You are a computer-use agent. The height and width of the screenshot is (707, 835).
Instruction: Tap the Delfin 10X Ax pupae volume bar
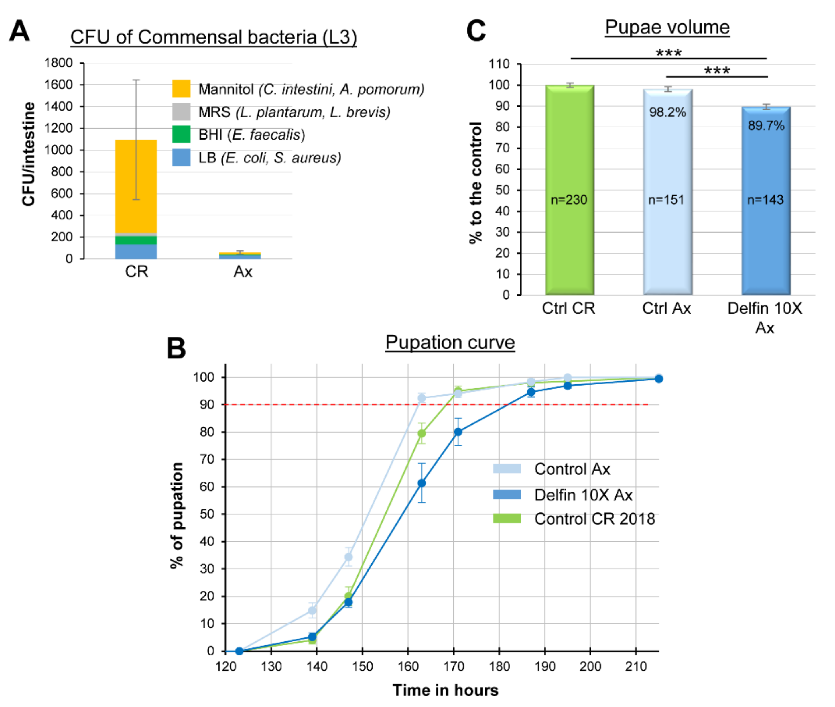tap(766, 201)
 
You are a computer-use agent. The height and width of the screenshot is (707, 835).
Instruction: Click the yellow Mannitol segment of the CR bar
tap(136, 186)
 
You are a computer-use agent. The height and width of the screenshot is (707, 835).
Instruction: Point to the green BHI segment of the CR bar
tap(136, 240)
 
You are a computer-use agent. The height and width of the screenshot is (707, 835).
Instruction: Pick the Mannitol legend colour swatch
tap(181, 89)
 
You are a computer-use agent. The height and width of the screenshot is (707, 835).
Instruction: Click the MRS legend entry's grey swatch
tap(181, 111)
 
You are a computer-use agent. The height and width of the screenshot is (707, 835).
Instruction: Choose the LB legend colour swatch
tap(181, 158)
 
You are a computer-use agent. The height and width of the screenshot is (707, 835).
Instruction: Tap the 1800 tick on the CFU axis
tap(58, 63)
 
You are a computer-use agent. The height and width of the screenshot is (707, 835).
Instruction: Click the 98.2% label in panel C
tap(667, 112)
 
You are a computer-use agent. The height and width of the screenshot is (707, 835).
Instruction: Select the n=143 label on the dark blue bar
tap(765, 200)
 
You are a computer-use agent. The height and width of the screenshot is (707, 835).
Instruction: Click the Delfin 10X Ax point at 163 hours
tap(422, 483)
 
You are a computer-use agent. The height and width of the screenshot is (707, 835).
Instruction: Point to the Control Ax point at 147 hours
tap(348, 557)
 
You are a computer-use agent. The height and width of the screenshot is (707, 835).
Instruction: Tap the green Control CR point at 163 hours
tap(422, 433)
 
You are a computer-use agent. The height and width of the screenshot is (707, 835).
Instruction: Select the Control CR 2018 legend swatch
tap(507, 519)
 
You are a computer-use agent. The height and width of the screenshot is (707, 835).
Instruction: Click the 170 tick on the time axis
tap(454, 667)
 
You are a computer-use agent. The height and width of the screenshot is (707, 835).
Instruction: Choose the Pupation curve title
tap(450, 343)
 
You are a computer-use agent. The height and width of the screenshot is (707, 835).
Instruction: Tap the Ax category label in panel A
tap(243, 272)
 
